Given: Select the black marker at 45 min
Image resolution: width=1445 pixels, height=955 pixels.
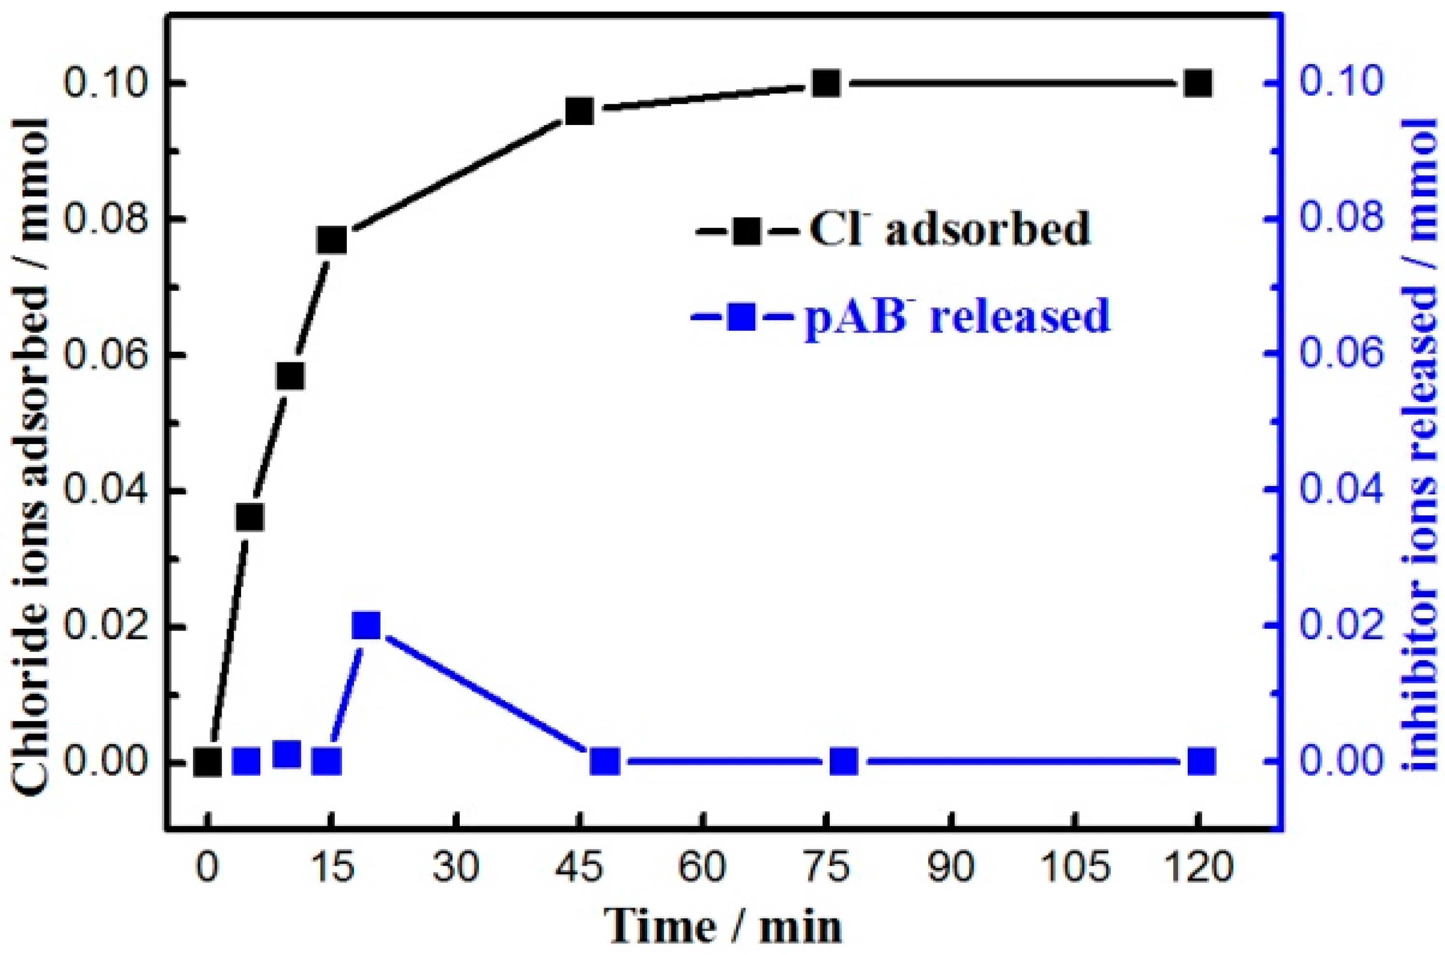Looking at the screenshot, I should point(579,111).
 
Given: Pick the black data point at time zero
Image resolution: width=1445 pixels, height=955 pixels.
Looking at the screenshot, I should point(207,761).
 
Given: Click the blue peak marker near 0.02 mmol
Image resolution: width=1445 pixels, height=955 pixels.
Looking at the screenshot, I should point(366,625).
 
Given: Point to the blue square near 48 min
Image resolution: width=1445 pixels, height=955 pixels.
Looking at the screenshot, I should point(605,761).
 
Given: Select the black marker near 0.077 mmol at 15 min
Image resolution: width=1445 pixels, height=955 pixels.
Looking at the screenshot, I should point(332,241).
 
